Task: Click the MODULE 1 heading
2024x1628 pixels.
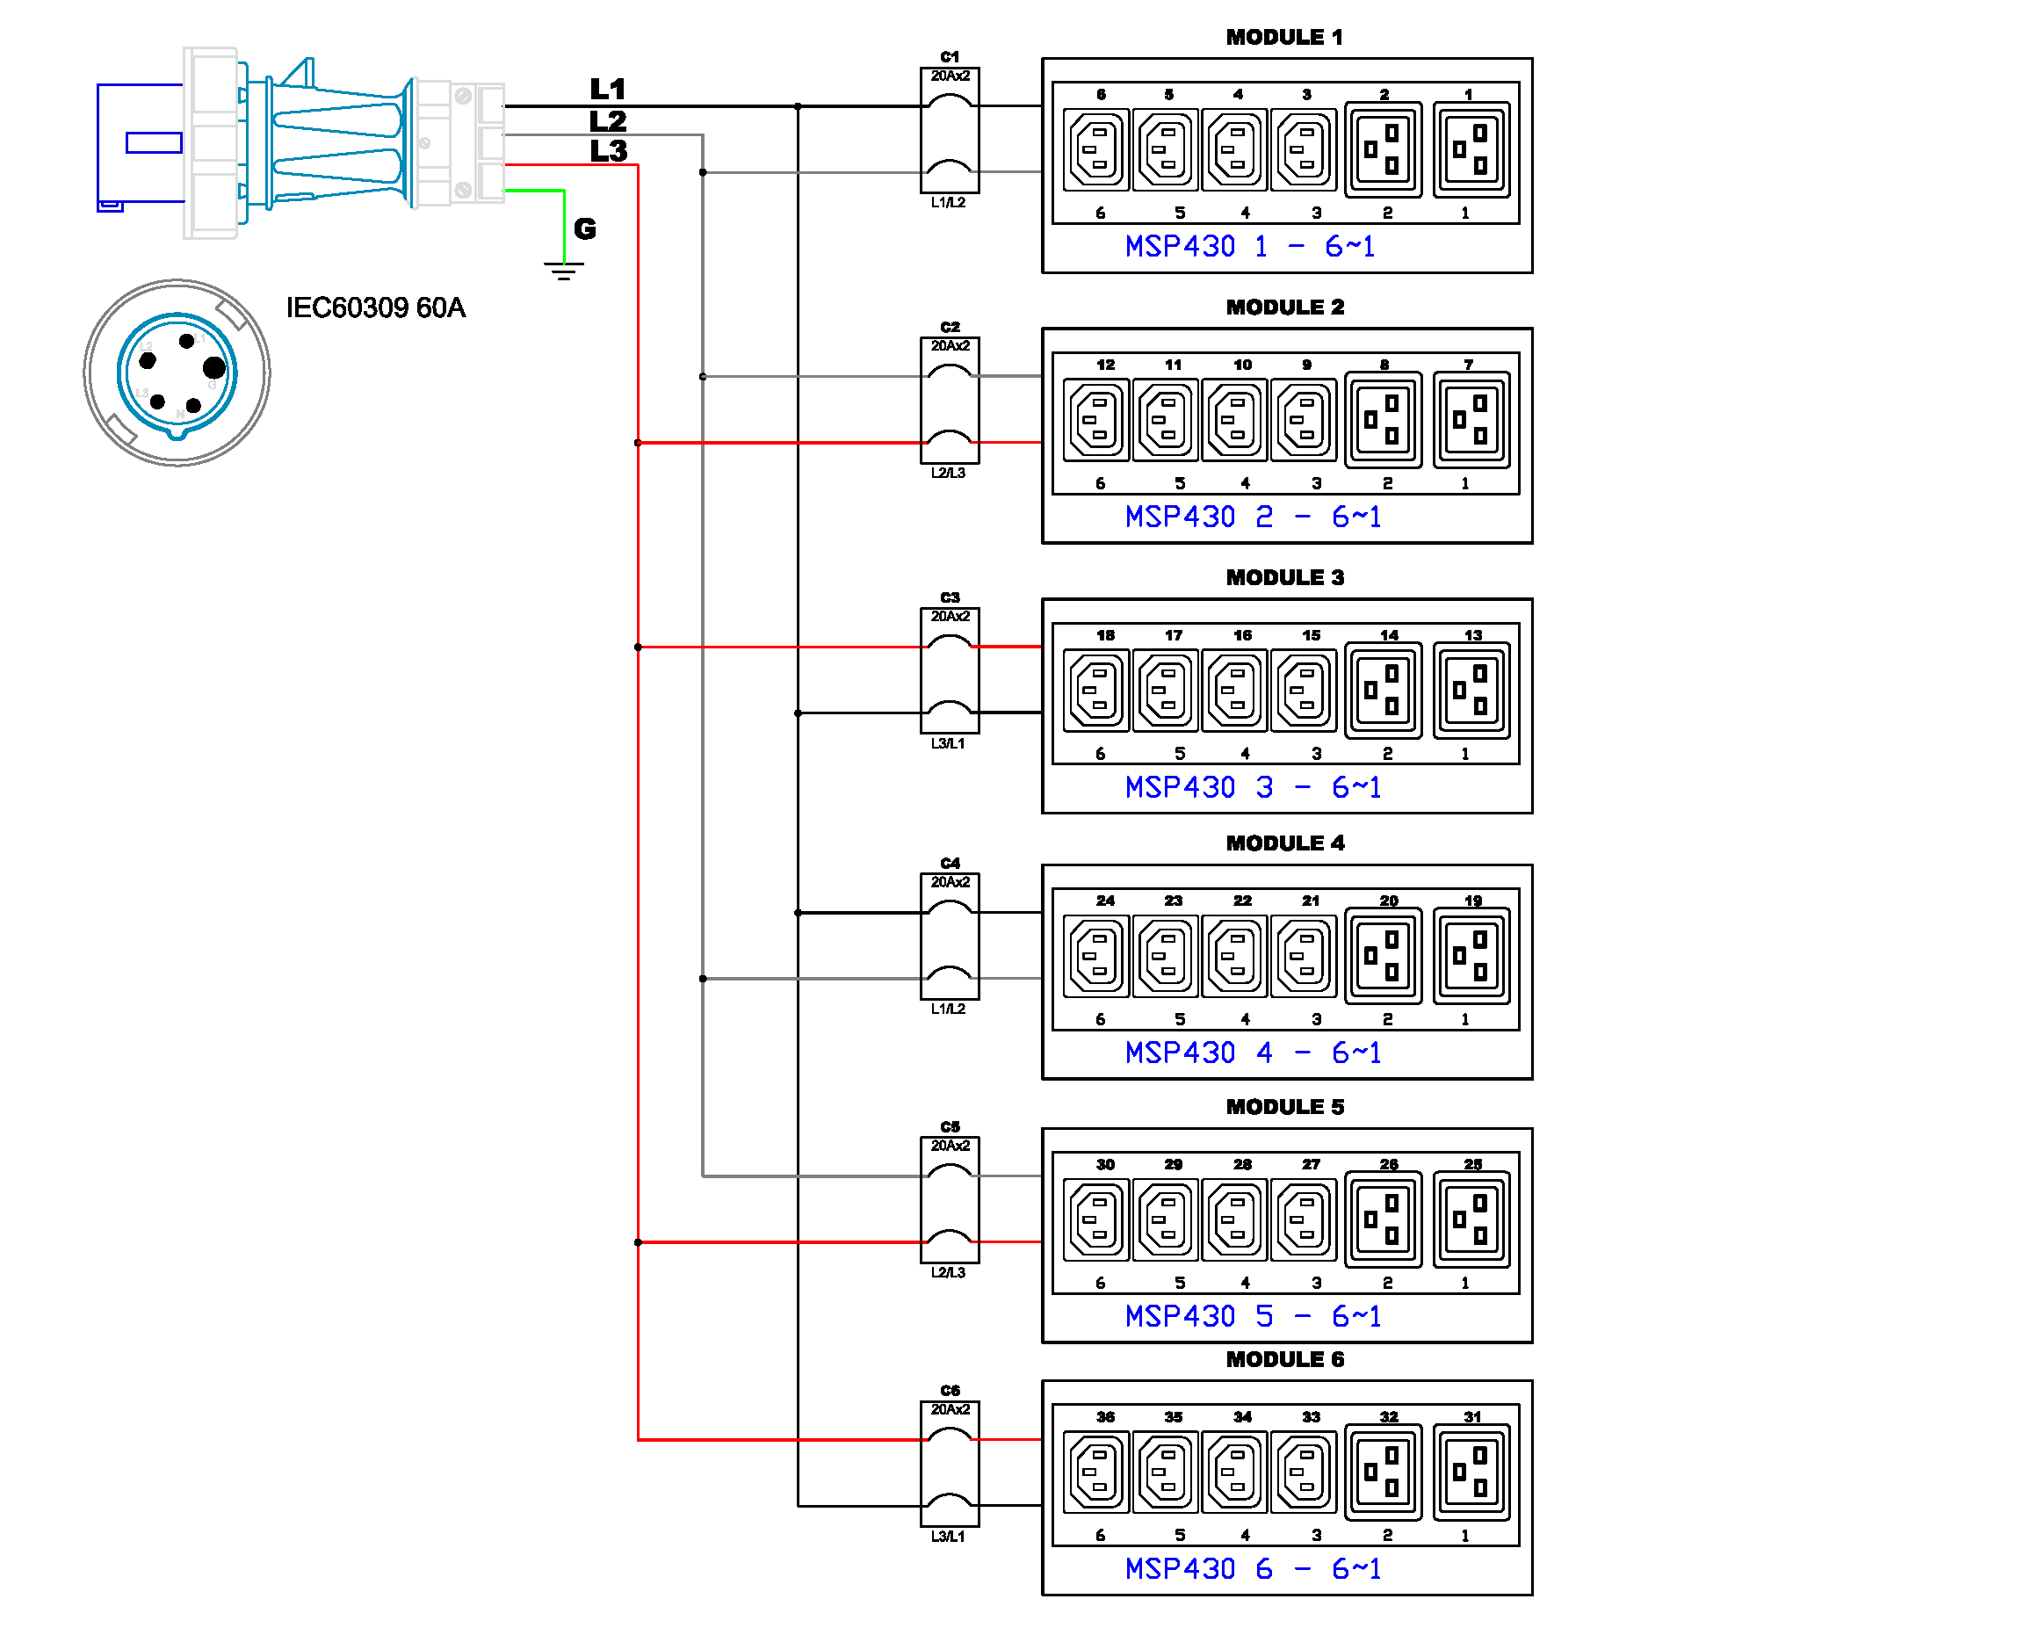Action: point(1283,37)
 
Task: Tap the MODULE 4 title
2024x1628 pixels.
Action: point(1284,843)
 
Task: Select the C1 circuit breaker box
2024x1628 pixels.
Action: point(949,131)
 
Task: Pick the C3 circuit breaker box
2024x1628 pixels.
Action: point(949,670)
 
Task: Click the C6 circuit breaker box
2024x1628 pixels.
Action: point(949,1464)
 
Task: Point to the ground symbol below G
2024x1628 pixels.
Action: point(563,271)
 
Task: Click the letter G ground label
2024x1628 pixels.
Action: point(585,228)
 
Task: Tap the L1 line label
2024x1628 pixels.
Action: point(607,90)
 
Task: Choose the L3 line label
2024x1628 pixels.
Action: point(608,150)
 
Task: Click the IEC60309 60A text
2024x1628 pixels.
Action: point(375,308)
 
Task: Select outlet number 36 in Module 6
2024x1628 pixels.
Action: point(1096,1472)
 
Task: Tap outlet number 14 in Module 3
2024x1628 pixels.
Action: point(1383,690)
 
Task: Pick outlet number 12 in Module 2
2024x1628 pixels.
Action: point(1096,419)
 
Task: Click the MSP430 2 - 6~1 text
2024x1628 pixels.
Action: point(1253,517)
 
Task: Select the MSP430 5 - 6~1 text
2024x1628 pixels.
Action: point(1253,1316)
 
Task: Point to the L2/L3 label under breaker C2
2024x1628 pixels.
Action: point(948,474)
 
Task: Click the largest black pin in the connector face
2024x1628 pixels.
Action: point(214,367)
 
